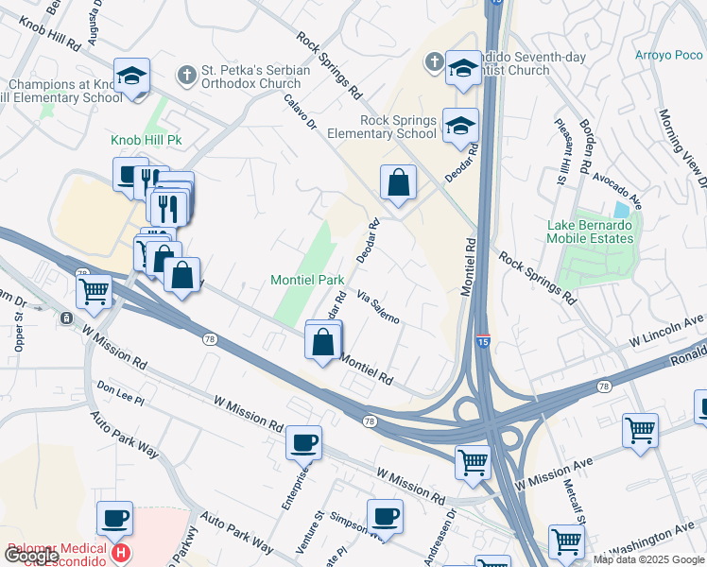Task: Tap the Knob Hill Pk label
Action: pyautogui.click(x=146, y=140)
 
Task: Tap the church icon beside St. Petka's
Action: pyautogui.click(x=187, y=74)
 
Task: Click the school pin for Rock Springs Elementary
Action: pyautogui.click(x=460, y=126)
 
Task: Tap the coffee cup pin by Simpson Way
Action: pyautogui.click(x=385, y=516)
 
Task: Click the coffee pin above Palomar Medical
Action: pyautogui.click(x=114, y=518)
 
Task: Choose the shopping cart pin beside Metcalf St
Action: pyautogui.click(x=566, y=542)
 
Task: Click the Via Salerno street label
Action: pyautogui.click(x=384, y=306)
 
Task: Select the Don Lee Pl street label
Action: pyautogui.click(x=120, y=394)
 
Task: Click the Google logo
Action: pyautogui.click(x=31, y=556)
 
